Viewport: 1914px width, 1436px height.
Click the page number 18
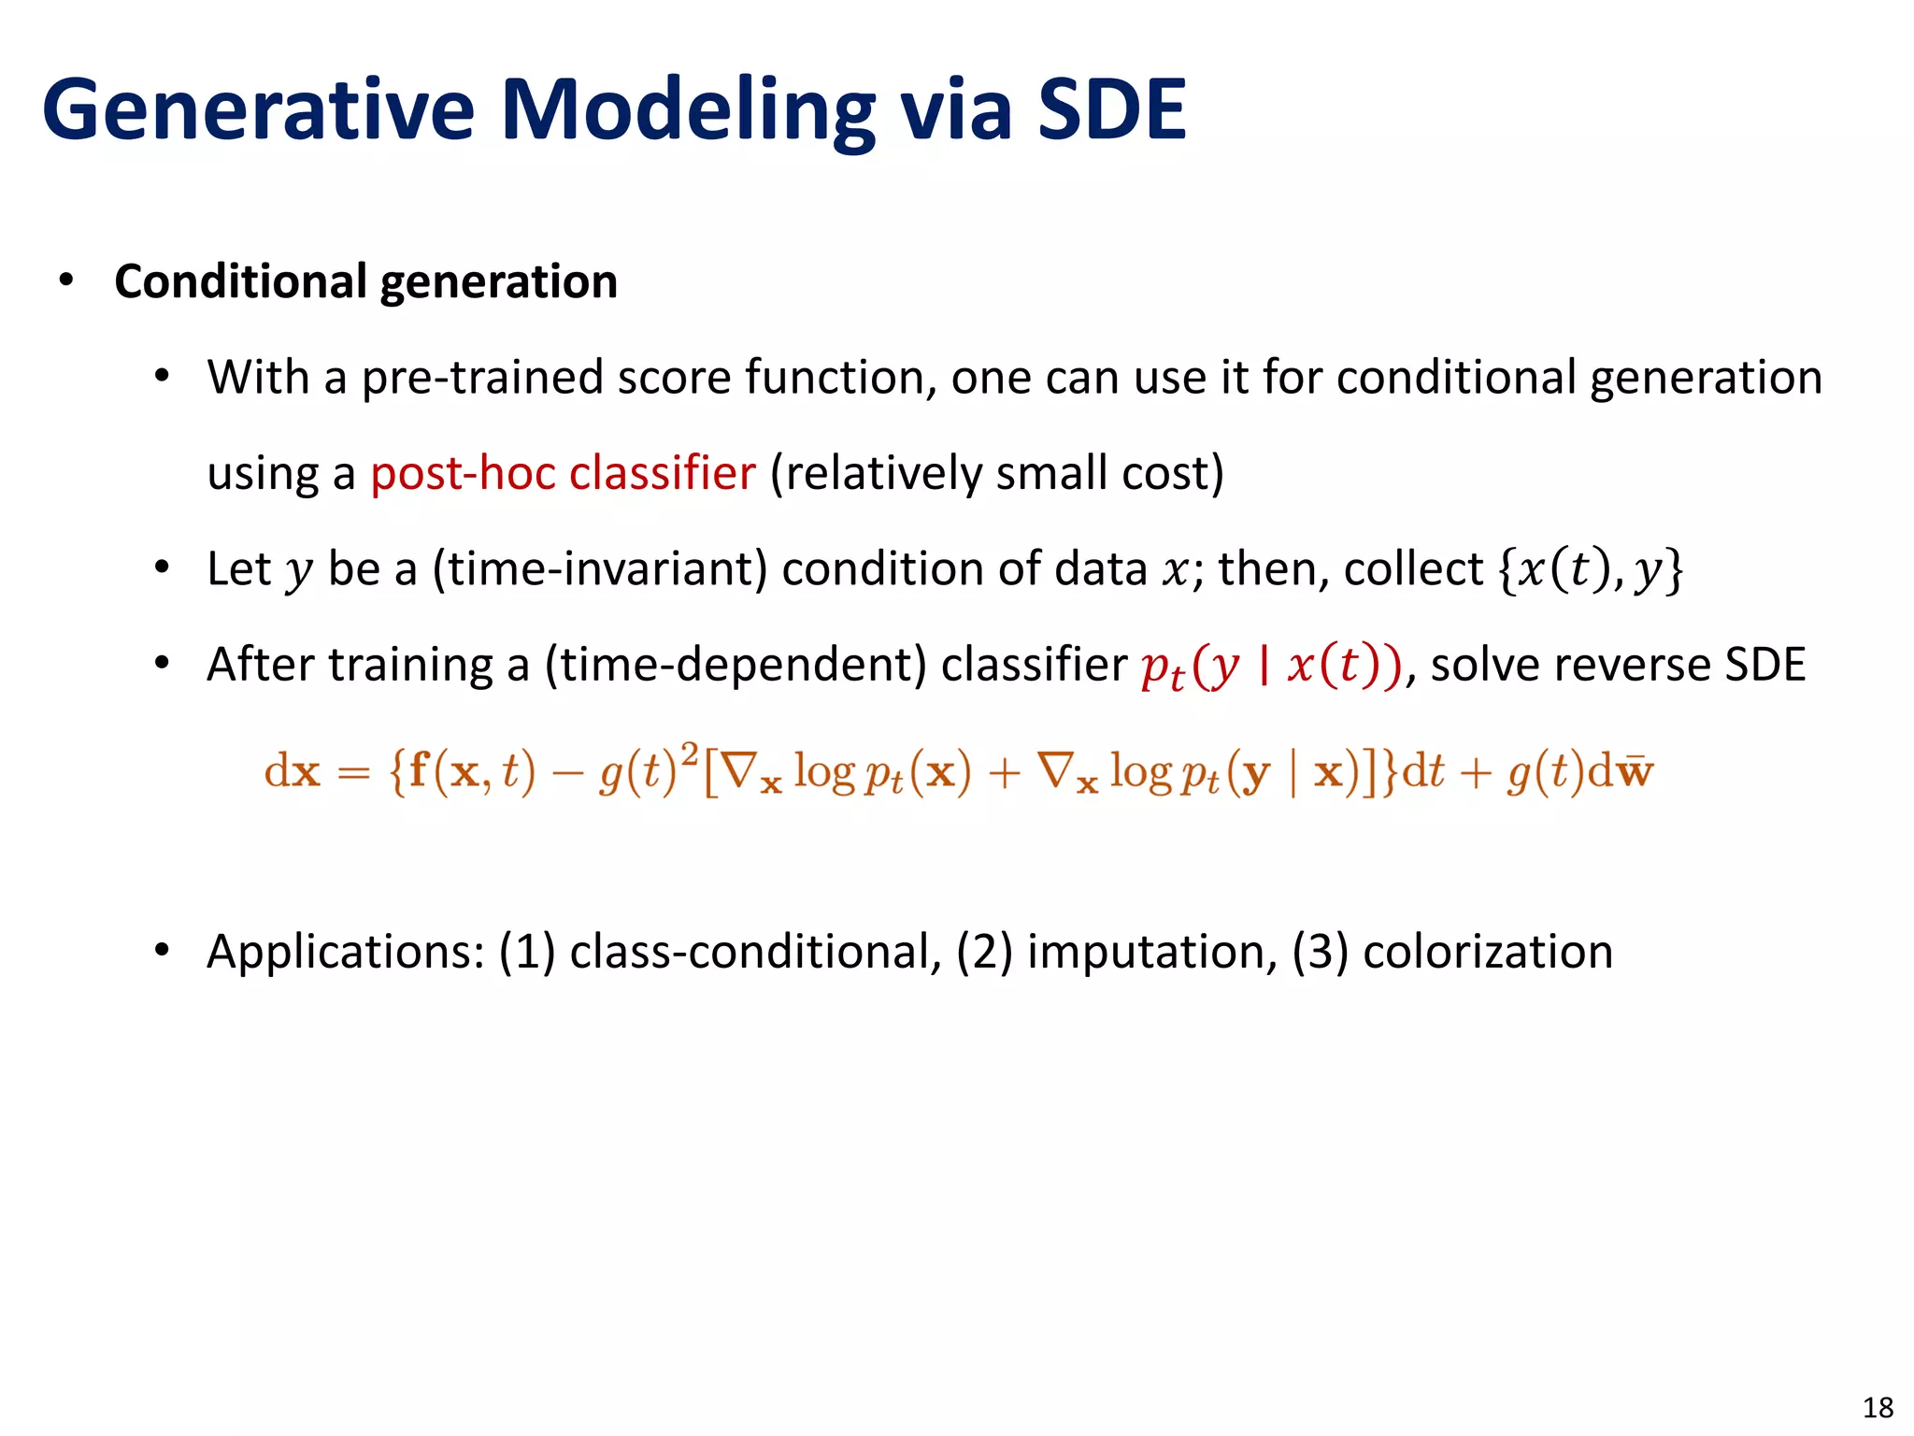[x=1878, y=1407]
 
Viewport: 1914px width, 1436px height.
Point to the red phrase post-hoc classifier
[x=563, y=473]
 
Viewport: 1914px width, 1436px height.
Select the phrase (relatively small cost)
[x=996, y=473]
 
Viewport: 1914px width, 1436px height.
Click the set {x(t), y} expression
[x=1590, y=568]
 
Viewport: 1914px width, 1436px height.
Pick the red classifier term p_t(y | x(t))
[x=1271, y=666]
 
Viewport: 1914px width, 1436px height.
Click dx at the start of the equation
[x=292, y=772]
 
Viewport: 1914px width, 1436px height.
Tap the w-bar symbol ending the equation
[x=1635, y=772]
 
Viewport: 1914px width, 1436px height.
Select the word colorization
[x=1488, y=952]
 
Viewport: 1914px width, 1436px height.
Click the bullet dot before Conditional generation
[x=65, y=280]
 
